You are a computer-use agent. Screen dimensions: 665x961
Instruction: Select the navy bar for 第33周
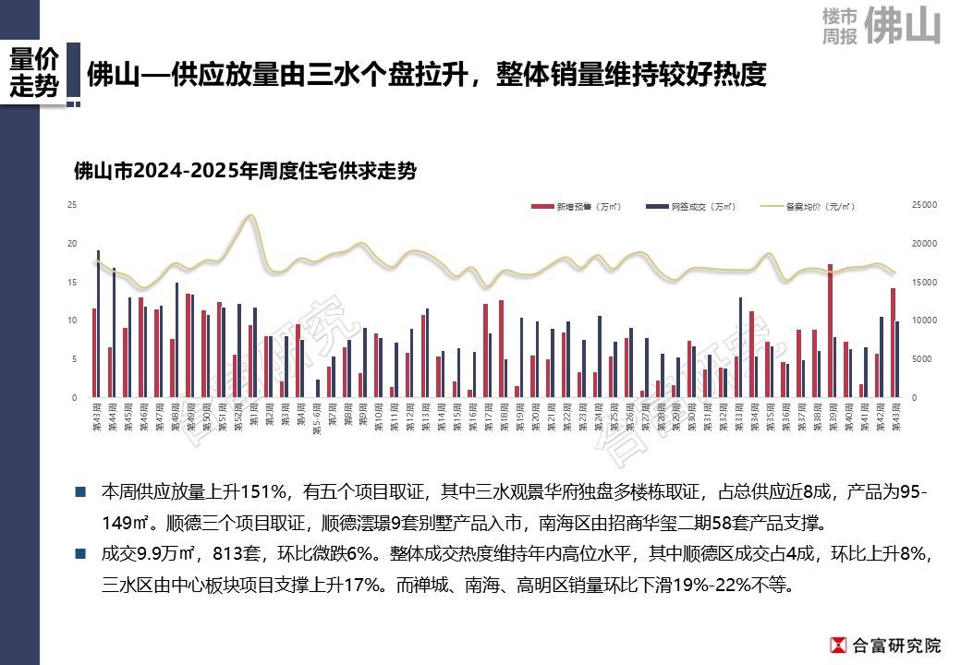741,347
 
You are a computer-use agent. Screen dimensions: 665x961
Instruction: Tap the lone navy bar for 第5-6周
318,388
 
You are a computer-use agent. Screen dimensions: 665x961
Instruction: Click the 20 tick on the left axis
72,244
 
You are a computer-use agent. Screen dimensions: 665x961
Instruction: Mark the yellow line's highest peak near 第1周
250,216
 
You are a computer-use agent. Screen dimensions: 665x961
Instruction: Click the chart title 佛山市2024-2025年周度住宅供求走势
244,171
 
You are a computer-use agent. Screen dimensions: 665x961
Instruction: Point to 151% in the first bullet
272,492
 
